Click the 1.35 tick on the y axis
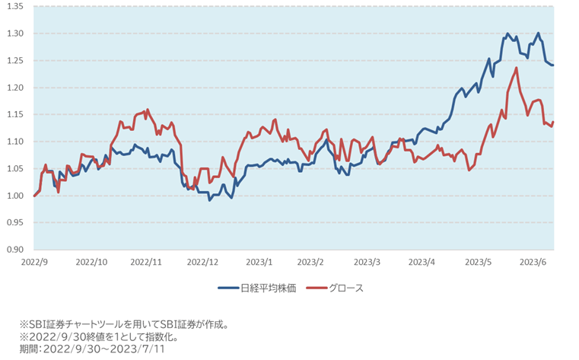point(15,6)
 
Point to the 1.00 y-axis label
point(15,196)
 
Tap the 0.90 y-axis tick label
point(15,250)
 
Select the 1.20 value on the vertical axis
point(15,88)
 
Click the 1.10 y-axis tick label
point(15,142)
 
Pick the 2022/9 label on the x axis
point(35,261)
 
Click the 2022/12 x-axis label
point(202,261)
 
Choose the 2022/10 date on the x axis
point(91,261)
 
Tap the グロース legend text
point(346,288)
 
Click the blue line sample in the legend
point(227,288)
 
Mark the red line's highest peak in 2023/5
point(517,68)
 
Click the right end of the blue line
point(553,65)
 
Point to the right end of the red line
point(553,122)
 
